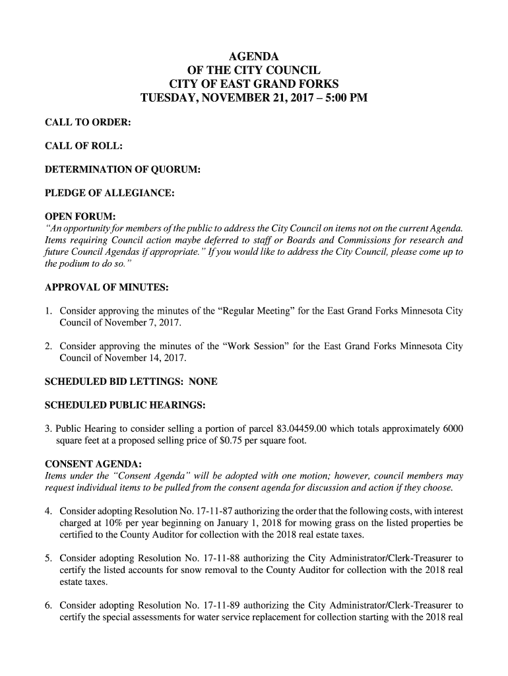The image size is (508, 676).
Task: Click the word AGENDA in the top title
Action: coord(254,56)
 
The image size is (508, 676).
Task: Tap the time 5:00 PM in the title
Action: coord(341,100)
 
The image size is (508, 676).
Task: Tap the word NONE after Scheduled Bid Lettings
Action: coord(203,382)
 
